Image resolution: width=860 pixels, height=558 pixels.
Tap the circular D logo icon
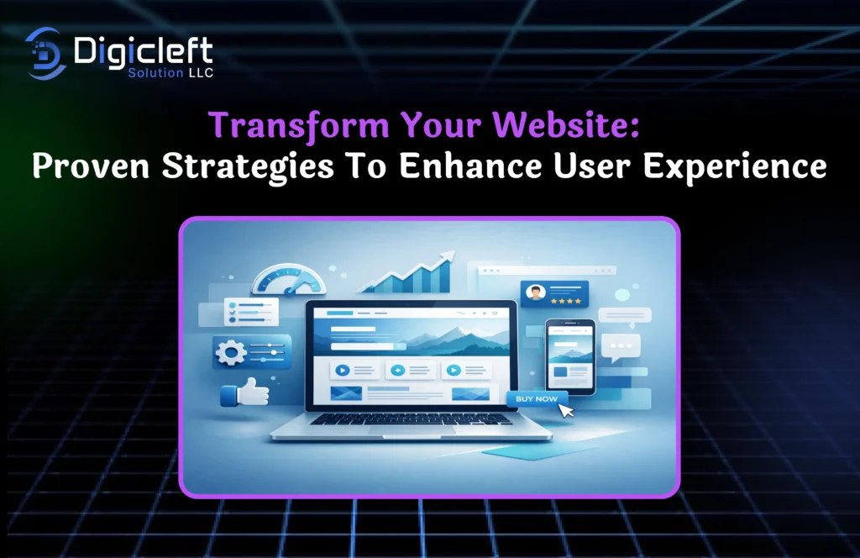[x=45, y=53]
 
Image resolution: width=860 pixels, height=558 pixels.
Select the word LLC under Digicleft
[x=201, y=73]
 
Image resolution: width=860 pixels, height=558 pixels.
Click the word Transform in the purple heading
[x=299, y=126]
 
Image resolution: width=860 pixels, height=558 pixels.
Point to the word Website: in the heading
[x=566, y=124]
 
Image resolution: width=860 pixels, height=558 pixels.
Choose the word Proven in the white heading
[x=91, y=166]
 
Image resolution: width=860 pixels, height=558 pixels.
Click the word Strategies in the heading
[x=248, y=167]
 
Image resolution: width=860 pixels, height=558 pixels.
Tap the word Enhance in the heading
[x=470, y=166]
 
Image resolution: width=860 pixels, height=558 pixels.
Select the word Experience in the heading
[x=735, y=166]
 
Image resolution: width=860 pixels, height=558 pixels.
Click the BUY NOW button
[x=536, y=399]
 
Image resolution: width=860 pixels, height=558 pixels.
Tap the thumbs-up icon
[x=244, y=392]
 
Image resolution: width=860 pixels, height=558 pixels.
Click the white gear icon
[x=230, y=352]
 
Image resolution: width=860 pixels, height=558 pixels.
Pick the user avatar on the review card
[x=535, y=292]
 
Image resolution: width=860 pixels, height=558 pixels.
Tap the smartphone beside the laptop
[x=570, y=356]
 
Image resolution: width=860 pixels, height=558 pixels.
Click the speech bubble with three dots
[x=621, y=347]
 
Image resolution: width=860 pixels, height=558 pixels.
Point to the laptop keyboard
[x=410, y=418]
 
